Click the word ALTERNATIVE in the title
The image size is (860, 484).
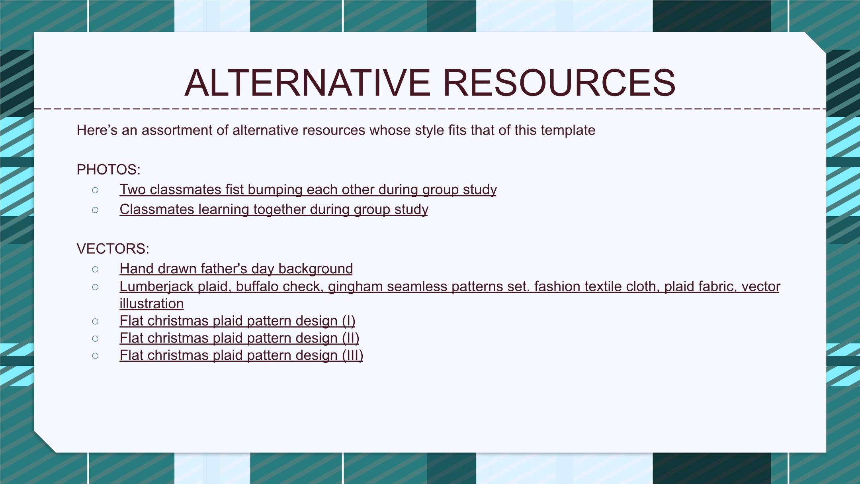tap(307, 83)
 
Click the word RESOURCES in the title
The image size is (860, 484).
tap(559, 83)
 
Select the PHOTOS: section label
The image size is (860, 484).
tap(108, 170)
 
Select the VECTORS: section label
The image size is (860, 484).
tap(113, 249)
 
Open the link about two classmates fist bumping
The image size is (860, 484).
tap(308, 190)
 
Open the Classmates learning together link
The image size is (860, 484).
tap(274, 210)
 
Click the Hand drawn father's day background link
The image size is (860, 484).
tap(236, 269)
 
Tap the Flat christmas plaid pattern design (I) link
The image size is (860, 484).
tap(237, 321)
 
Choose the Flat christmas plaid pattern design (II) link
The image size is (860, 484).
tap(239, 338)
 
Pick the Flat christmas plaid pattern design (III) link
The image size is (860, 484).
tap(241, 355)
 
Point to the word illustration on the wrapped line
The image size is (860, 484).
tap(152, 304)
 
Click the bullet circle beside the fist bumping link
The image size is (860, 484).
tap(95, 190)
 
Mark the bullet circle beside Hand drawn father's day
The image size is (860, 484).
tap(95, 269)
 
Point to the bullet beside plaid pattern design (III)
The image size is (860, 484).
tap(95, 356)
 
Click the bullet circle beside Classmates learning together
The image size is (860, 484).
tap(95, 210)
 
